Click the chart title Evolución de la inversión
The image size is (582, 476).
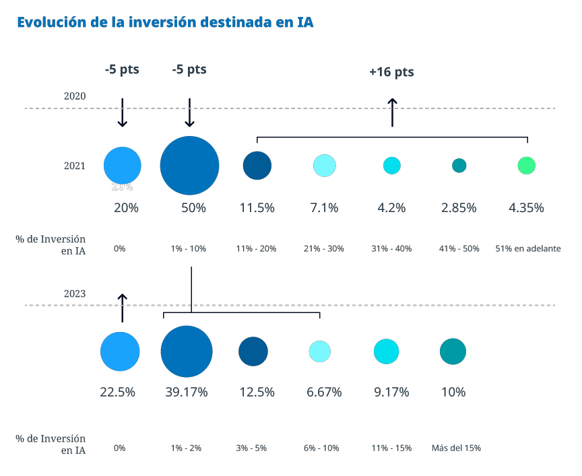click(x=165, y=22)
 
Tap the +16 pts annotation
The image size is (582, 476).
click(x=391, y=72)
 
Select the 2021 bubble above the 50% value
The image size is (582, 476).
click(x=190, y=166)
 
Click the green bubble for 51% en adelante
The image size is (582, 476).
click(x=526, y=166)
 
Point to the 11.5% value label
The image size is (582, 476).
click(x=257, y=208)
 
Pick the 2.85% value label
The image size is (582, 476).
click(x=459, y=208)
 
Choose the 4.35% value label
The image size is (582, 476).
click(x=526, y=208)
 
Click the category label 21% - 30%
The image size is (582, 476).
click(x=324, y=248)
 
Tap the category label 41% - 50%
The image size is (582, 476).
click(x=459, y=248)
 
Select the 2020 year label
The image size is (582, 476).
click(x=75, y=96)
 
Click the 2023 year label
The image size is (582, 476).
click(x=75, y=294)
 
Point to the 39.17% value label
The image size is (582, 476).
click(x=187, y=392)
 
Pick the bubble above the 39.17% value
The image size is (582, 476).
click(x=187, y=351)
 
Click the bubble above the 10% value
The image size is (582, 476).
click(x=453, y=351)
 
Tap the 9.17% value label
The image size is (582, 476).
click(x=391, y=392)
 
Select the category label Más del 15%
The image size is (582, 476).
click(x=456, y=448)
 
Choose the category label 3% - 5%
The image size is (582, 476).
click(x=251, y=448)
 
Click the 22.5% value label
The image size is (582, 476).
click(x=118, y=392)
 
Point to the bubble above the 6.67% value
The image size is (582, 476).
click(x=320, y=351)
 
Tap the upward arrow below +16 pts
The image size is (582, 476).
click(x=392, y=112)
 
